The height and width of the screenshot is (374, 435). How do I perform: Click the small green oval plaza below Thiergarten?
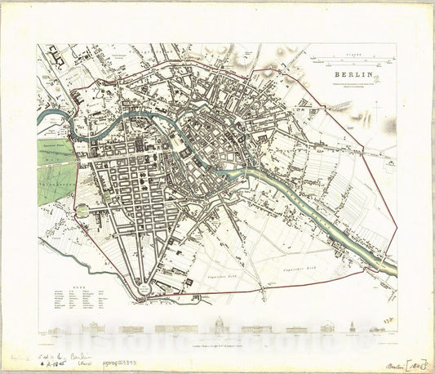click(82, 211)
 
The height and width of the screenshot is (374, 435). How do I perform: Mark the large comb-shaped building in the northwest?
click(57, 56)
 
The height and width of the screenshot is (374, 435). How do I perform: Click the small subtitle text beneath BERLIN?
click(352, 83)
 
